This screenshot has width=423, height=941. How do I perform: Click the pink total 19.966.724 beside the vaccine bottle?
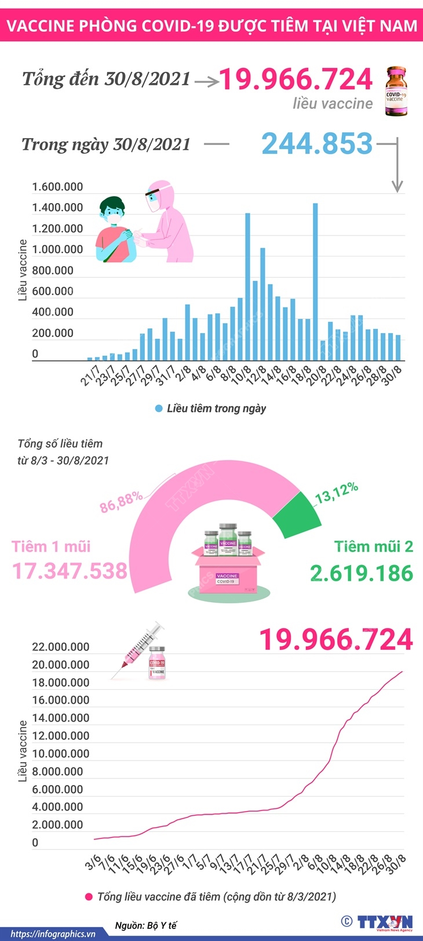click(x=296, y=79)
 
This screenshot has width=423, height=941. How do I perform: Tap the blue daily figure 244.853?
click(x=317, y=143)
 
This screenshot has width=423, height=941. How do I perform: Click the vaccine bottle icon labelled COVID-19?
click(x=396, y=92)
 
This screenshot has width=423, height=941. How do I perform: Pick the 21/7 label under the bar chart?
click(x=90, y=376)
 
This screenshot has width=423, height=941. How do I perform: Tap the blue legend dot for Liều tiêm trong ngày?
click(x=159, y=409)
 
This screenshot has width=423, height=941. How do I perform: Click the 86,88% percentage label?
click(x=121, y=502)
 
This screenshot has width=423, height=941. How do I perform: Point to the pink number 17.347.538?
click(x=70, y=571)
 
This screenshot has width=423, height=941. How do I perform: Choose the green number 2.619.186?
click(x=362, y=573)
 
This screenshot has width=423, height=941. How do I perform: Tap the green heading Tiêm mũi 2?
click(x=373, y=546)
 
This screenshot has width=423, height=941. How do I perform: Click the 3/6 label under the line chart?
click(x=93, y=862)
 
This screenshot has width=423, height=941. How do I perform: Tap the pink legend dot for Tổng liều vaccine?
click(x=89, y=897)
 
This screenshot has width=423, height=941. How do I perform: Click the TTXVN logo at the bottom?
click(x=384, y=922)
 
